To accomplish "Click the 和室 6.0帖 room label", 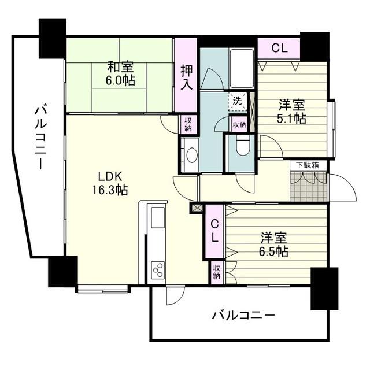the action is (120, 73).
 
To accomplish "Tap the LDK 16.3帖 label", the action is (110, 183).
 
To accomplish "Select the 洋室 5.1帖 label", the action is (292, 112).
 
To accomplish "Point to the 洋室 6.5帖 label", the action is (273, 245).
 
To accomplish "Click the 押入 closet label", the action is (186, 77).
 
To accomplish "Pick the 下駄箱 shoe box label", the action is (308, 165).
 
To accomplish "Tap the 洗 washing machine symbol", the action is (238, 102).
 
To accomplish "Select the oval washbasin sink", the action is (192, 155).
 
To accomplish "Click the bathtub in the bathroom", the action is (242, 69).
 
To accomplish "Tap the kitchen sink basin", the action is (158, 217).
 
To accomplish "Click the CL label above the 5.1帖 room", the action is (279, 49).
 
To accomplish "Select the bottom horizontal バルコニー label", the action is (243, 315).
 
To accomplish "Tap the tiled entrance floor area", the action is (308, 187).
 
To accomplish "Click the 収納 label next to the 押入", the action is (188, 124).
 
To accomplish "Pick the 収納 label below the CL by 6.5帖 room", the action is (216, 272).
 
